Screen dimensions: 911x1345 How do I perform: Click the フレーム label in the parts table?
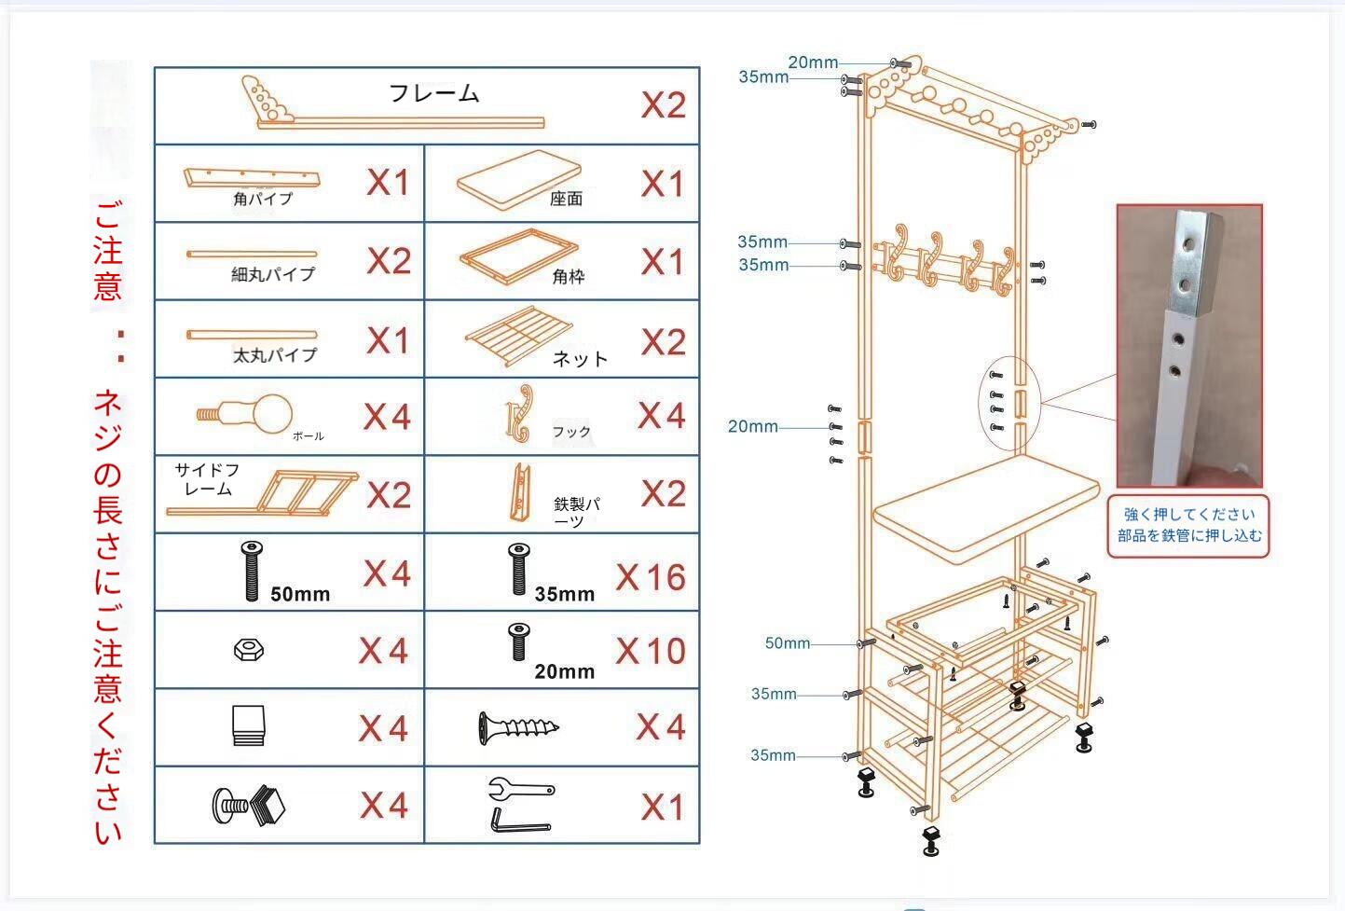point(433,93)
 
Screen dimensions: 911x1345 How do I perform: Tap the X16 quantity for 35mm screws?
point(651,577)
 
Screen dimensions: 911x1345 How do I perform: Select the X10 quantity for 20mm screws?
point(651,651)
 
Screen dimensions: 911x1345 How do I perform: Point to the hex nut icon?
point(249,650)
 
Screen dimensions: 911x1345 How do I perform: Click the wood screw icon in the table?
point(518,727)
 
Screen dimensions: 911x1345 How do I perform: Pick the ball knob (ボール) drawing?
point(247,413)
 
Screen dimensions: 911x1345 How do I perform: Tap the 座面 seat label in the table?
point(566,199)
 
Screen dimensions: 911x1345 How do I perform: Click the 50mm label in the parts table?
point(300,594)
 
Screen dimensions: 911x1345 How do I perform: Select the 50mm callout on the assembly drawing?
point(788,643)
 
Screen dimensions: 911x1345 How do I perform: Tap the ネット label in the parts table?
point(580,359)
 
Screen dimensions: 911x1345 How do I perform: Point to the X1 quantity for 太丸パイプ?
point(388,341)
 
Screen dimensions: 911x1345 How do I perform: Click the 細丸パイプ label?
point(273,274)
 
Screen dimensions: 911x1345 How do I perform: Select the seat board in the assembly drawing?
point(987,504)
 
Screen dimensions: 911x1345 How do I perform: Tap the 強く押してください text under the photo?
point(1189,514)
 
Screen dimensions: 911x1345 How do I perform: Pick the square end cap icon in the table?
point(248,725)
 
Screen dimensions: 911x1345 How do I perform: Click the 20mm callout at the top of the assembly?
point(813,62)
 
